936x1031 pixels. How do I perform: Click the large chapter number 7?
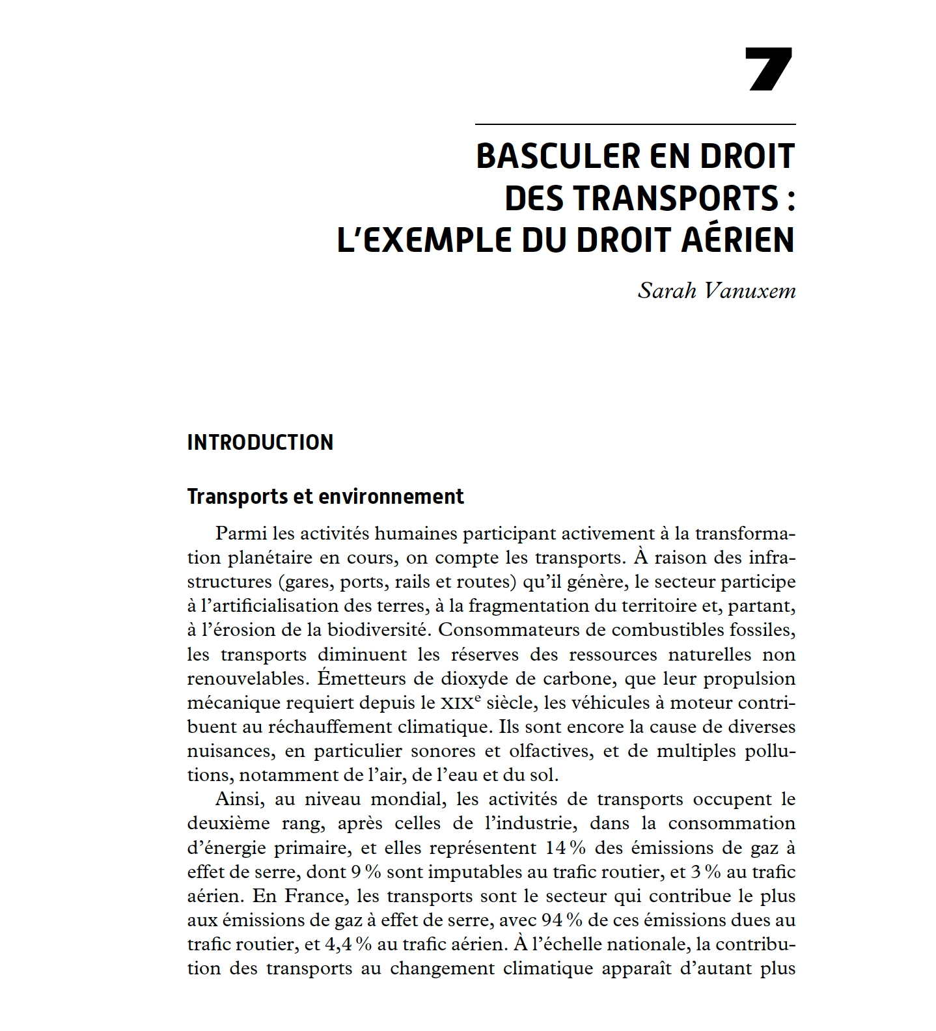coord(769,68)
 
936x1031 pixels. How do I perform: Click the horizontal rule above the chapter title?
coord(635,124)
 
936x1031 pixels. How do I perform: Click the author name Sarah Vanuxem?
coord(716,290)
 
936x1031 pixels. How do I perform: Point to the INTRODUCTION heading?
coord(260,443)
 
